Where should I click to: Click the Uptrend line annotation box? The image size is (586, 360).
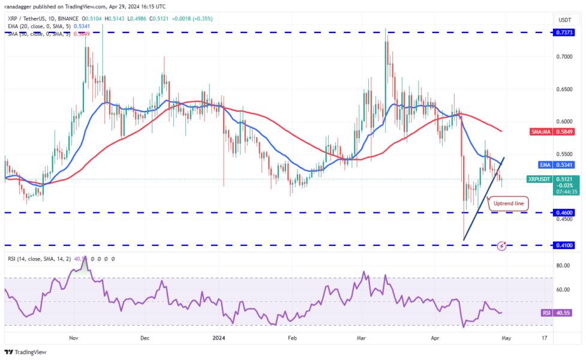508,204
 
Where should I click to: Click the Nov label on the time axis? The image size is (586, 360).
73,338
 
